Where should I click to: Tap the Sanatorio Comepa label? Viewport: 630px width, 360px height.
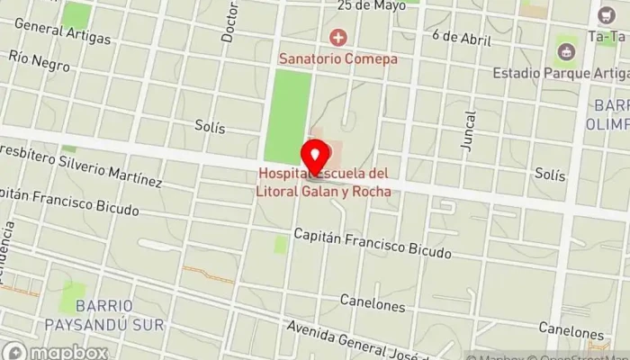pos(338,58)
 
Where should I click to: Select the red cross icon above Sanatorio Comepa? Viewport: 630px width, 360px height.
pos(338,38)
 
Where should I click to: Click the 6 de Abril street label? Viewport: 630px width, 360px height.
pos(461,38)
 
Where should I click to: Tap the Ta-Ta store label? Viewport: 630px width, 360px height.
pos(607,38)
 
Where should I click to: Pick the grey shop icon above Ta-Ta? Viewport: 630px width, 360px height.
pos(604,15)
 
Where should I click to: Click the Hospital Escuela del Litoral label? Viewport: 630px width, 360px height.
pos(325,181)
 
